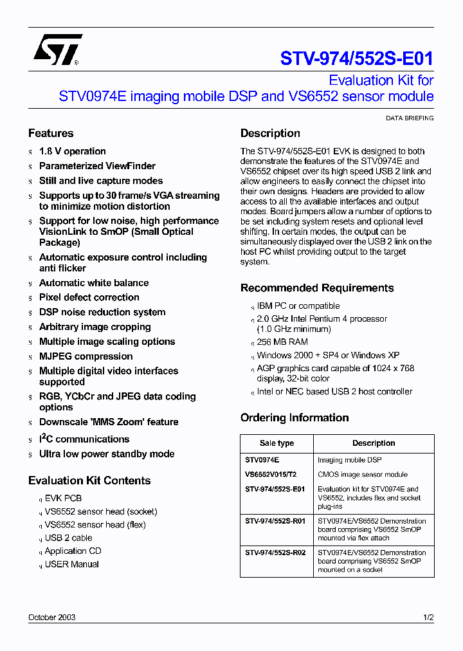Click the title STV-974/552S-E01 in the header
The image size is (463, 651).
pos(356,59)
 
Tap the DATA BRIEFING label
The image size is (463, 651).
pos(409,118)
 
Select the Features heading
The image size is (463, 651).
pos(51,133)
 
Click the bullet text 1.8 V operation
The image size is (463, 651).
pos(72,151)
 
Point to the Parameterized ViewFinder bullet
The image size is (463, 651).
pos(97,166)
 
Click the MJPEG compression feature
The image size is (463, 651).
pos(86,356)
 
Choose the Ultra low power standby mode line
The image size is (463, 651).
pos(107,454)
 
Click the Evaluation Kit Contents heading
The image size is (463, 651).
pos(89,481)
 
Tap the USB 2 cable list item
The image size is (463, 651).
pos(68,538)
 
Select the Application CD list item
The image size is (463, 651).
pos(73,551)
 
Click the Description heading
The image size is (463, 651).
pos(270,133)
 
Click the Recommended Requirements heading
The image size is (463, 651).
pos(317,288)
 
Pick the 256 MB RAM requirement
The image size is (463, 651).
pos(282,342)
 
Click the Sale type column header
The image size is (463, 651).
pos(277,443)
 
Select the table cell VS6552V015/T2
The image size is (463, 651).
pos(271,475)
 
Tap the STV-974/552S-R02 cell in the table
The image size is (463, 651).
pos(275,553)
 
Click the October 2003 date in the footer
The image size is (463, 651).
pos(52,618)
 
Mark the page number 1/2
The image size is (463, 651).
pos(428,618)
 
